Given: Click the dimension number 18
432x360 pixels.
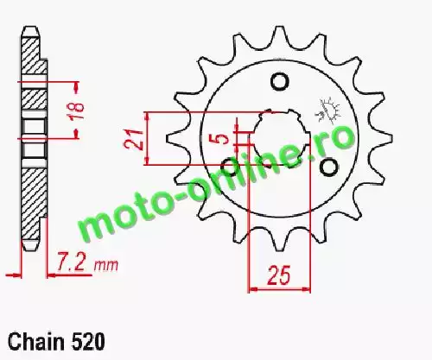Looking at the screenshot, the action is pyautogui.click(x=77, y=107).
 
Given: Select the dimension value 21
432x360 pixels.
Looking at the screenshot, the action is pyautogui.click(x=134, y=140).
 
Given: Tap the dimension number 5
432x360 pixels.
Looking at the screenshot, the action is pyautogui.click(x=222, y=139).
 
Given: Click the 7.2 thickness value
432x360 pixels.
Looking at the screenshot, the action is pyautogui.click(x=71, y=262).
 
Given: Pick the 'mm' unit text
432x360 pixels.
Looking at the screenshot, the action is pyautogui.click(x=106, y=265).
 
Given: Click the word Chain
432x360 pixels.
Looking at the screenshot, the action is pyautogui.click(x=36, y=342).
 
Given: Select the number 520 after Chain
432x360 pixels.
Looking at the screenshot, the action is pyautogui.click(x=86, y=342).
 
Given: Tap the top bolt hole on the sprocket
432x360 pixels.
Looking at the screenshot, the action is pyautogui.click(x=279, y=82).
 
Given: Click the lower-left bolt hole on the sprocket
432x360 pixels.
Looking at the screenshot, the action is pyautogui.click(x=230, y=167).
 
